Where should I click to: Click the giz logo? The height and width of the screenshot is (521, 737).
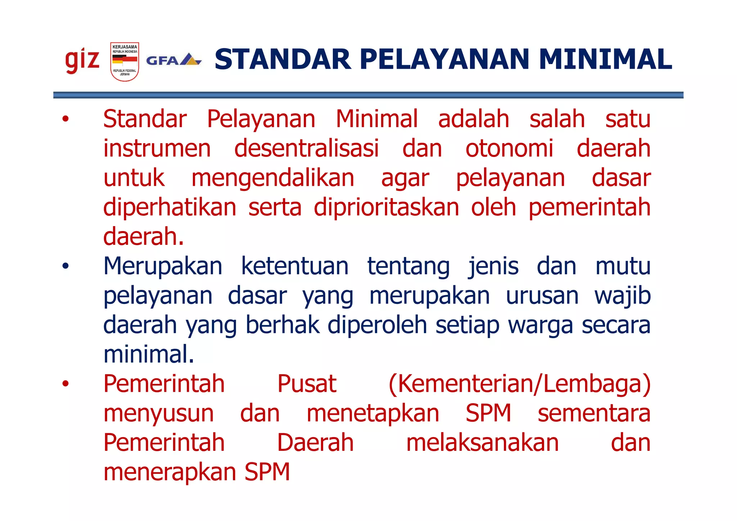(x=82, y=61)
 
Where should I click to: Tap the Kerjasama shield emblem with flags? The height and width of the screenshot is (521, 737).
(x=125, y=61)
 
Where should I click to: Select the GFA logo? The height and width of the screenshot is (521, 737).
(x=173, y=60)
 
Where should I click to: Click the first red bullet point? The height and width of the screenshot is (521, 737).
(x=65, y=119)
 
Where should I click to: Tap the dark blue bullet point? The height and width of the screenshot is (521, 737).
(x=65, y=266)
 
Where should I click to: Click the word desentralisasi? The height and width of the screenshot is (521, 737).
(x=306, y=148)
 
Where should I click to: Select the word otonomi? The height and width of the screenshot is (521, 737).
(x=509, y=148)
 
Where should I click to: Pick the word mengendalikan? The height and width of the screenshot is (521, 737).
(x=273, y=178)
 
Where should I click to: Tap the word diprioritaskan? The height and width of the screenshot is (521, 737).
(x=386, y=207)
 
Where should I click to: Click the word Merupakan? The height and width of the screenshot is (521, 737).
(x=163, y=266)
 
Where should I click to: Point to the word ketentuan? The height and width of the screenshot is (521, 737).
(x=295, y=266)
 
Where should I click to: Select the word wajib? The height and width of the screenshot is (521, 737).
(x=622, y=296)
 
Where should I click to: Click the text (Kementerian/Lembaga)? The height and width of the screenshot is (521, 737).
(x=520, y=384)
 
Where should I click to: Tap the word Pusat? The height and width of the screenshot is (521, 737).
(x=307, y=384)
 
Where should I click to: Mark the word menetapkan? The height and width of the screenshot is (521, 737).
(x=373, y=413)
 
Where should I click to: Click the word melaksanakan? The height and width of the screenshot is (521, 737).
(x=482, y=443)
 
